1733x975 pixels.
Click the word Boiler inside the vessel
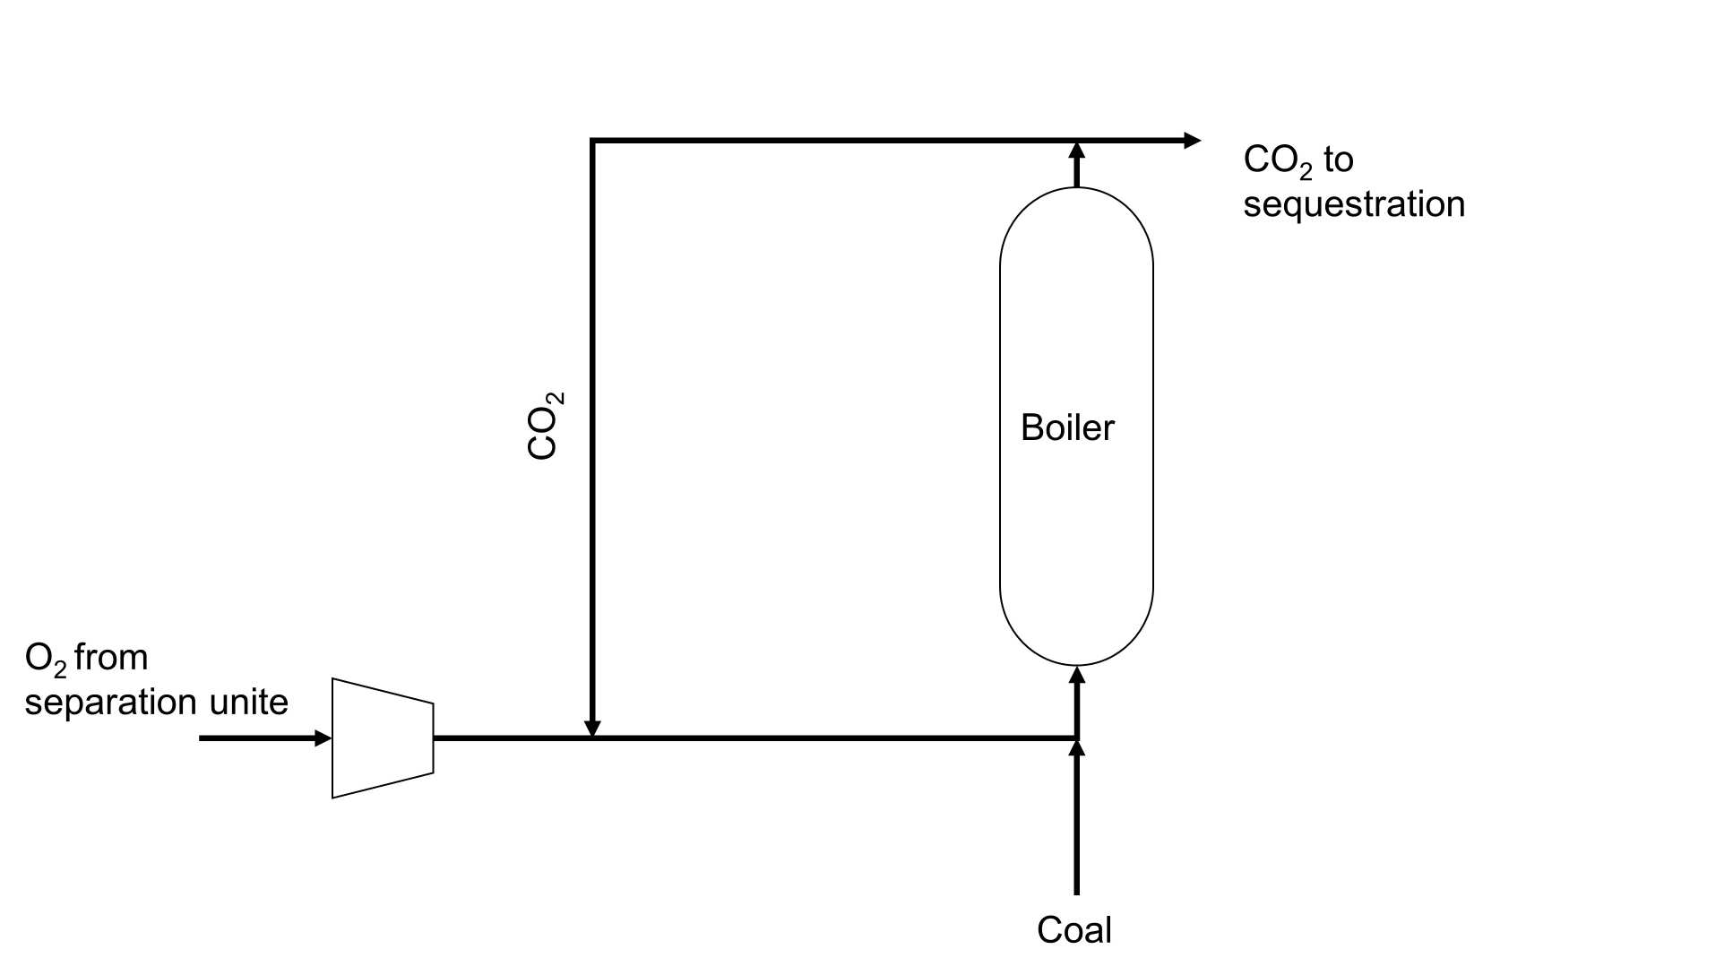click(x=1066, y=427)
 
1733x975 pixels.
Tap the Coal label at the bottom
click(x=1073, y=930)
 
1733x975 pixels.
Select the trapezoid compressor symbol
click(x=383, y=738)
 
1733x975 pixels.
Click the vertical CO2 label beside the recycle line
click(x=544, y=426)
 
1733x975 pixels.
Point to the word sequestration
click(x=1353, y=204)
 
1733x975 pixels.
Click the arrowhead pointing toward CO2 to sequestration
click(x=1192, y=140)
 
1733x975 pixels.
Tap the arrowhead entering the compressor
click(x=323, y=738)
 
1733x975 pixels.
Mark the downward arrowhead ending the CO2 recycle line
click(x=591, y=729)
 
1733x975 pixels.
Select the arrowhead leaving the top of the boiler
click(x=1077, y=150)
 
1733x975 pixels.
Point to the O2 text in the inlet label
click(x=45, y=659)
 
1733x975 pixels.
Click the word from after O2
click(x=111, y=658)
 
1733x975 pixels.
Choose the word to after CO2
click(x=1338, y=160)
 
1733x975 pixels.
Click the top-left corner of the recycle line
click(x=592, y=141)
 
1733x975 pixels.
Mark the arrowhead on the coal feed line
click(x=1077, y=748)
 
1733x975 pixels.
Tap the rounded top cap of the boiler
click(x=1076, y=220)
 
